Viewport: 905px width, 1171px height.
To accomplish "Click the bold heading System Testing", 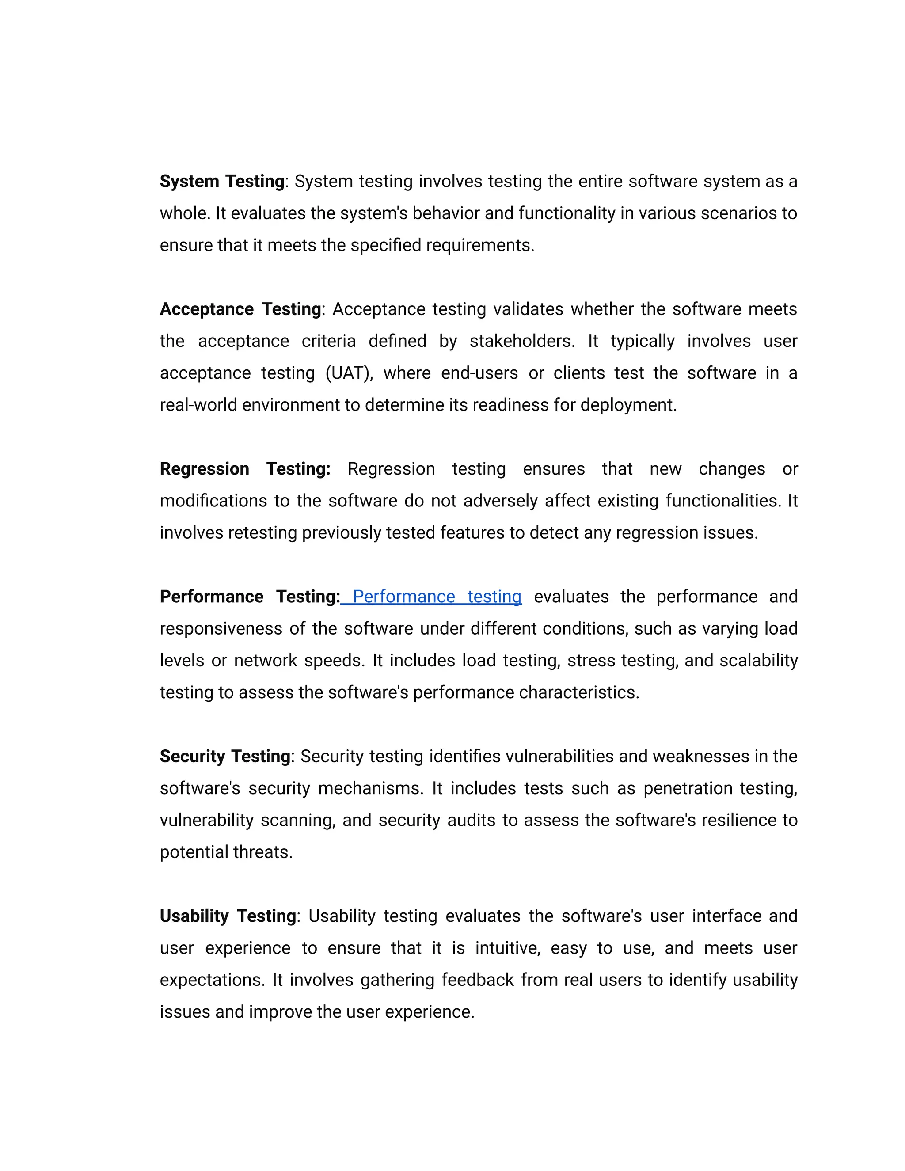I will (222, 182).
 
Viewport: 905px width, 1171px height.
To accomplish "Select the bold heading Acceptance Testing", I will (240, 309).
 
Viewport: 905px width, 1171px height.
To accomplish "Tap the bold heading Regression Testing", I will (244, 469).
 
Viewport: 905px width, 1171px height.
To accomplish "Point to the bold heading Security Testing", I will (224, 757).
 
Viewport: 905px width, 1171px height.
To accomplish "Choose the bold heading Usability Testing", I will (228, 916).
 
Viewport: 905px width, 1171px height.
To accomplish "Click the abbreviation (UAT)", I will (349, 373).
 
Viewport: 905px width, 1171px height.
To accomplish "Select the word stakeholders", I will (521, 342).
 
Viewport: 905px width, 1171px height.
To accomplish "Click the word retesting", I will (262, 533).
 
